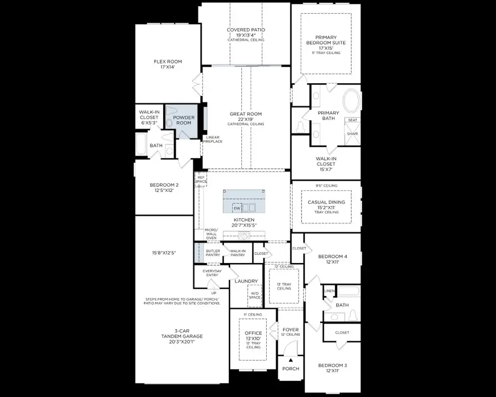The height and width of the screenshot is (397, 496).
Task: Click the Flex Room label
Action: coord(168,65)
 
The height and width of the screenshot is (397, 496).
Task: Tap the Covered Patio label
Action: coord(246,33)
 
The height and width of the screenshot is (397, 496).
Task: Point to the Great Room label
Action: coord(246,117)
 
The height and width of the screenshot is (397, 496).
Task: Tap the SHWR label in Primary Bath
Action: coord(352,133)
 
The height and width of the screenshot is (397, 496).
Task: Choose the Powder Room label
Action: coord(184,120)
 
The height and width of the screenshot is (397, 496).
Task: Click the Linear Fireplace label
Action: coord(213,140)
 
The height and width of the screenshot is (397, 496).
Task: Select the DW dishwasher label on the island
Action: coord(236,208)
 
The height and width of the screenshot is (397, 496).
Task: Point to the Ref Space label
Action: coord(201,179)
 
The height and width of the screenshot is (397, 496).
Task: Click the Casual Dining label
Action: coord(326,205)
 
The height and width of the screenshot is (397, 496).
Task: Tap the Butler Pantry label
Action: coord(213,253)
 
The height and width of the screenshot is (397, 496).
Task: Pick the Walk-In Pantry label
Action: coord(238,253)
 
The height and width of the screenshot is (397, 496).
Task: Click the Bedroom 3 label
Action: coord(332,368)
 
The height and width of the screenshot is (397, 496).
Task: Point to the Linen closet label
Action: coord(329,291)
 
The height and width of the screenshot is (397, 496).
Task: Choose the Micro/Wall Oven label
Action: coord(212,233)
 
